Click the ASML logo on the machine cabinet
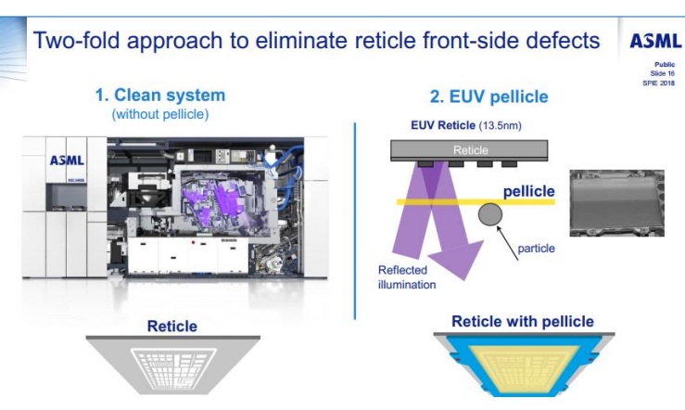click(x=68, y=160)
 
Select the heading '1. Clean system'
click(x=159, y=96)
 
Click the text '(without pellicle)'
click(x=159, y=114)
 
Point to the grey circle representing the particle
click(x=489, y=217)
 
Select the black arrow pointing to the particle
click(x=509, y=235)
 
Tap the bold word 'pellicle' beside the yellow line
click(x=528, y=190)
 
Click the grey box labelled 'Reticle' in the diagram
click(x=470, y=148)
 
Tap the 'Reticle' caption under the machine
click(x=172, y=326)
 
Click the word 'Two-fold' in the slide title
click(x=72, y=41)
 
